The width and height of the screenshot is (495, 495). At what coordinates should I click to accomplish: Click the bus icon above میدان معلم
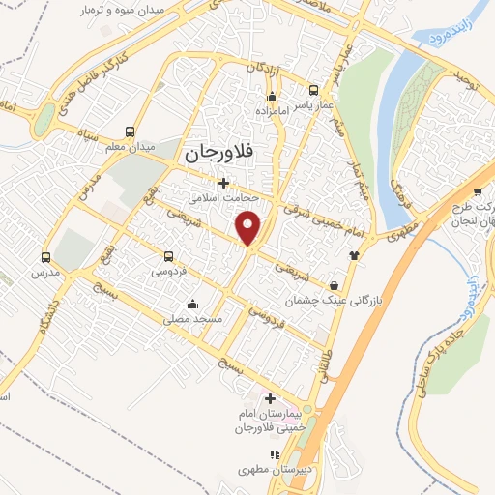pyautogui.click(x=130, y=131)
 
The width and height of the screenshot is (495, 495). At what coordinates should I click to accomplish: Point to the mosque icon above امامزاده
pyautogui.click(x=272, y=97)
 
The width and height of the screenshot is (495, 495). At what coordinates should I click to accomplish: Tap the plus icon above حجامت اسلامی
pyautogui.click(x=223, y=182)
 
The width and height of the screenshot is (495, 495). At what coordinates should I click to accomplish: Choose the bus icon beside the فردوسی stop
pyautogui.click(x=169, y=257)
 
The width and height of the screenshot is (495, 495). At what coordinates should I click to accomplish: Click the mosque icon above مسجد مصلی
pyautogui.click(x=193, y=304)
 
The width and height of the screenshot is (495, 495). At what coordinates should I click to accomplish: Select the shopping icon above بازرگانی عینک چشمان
pyautogui.click(x=335, y=286)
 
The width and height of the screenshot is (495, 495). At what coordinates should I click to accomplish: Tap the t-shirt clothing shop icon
pyautogui.click(x=354, y=255)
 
